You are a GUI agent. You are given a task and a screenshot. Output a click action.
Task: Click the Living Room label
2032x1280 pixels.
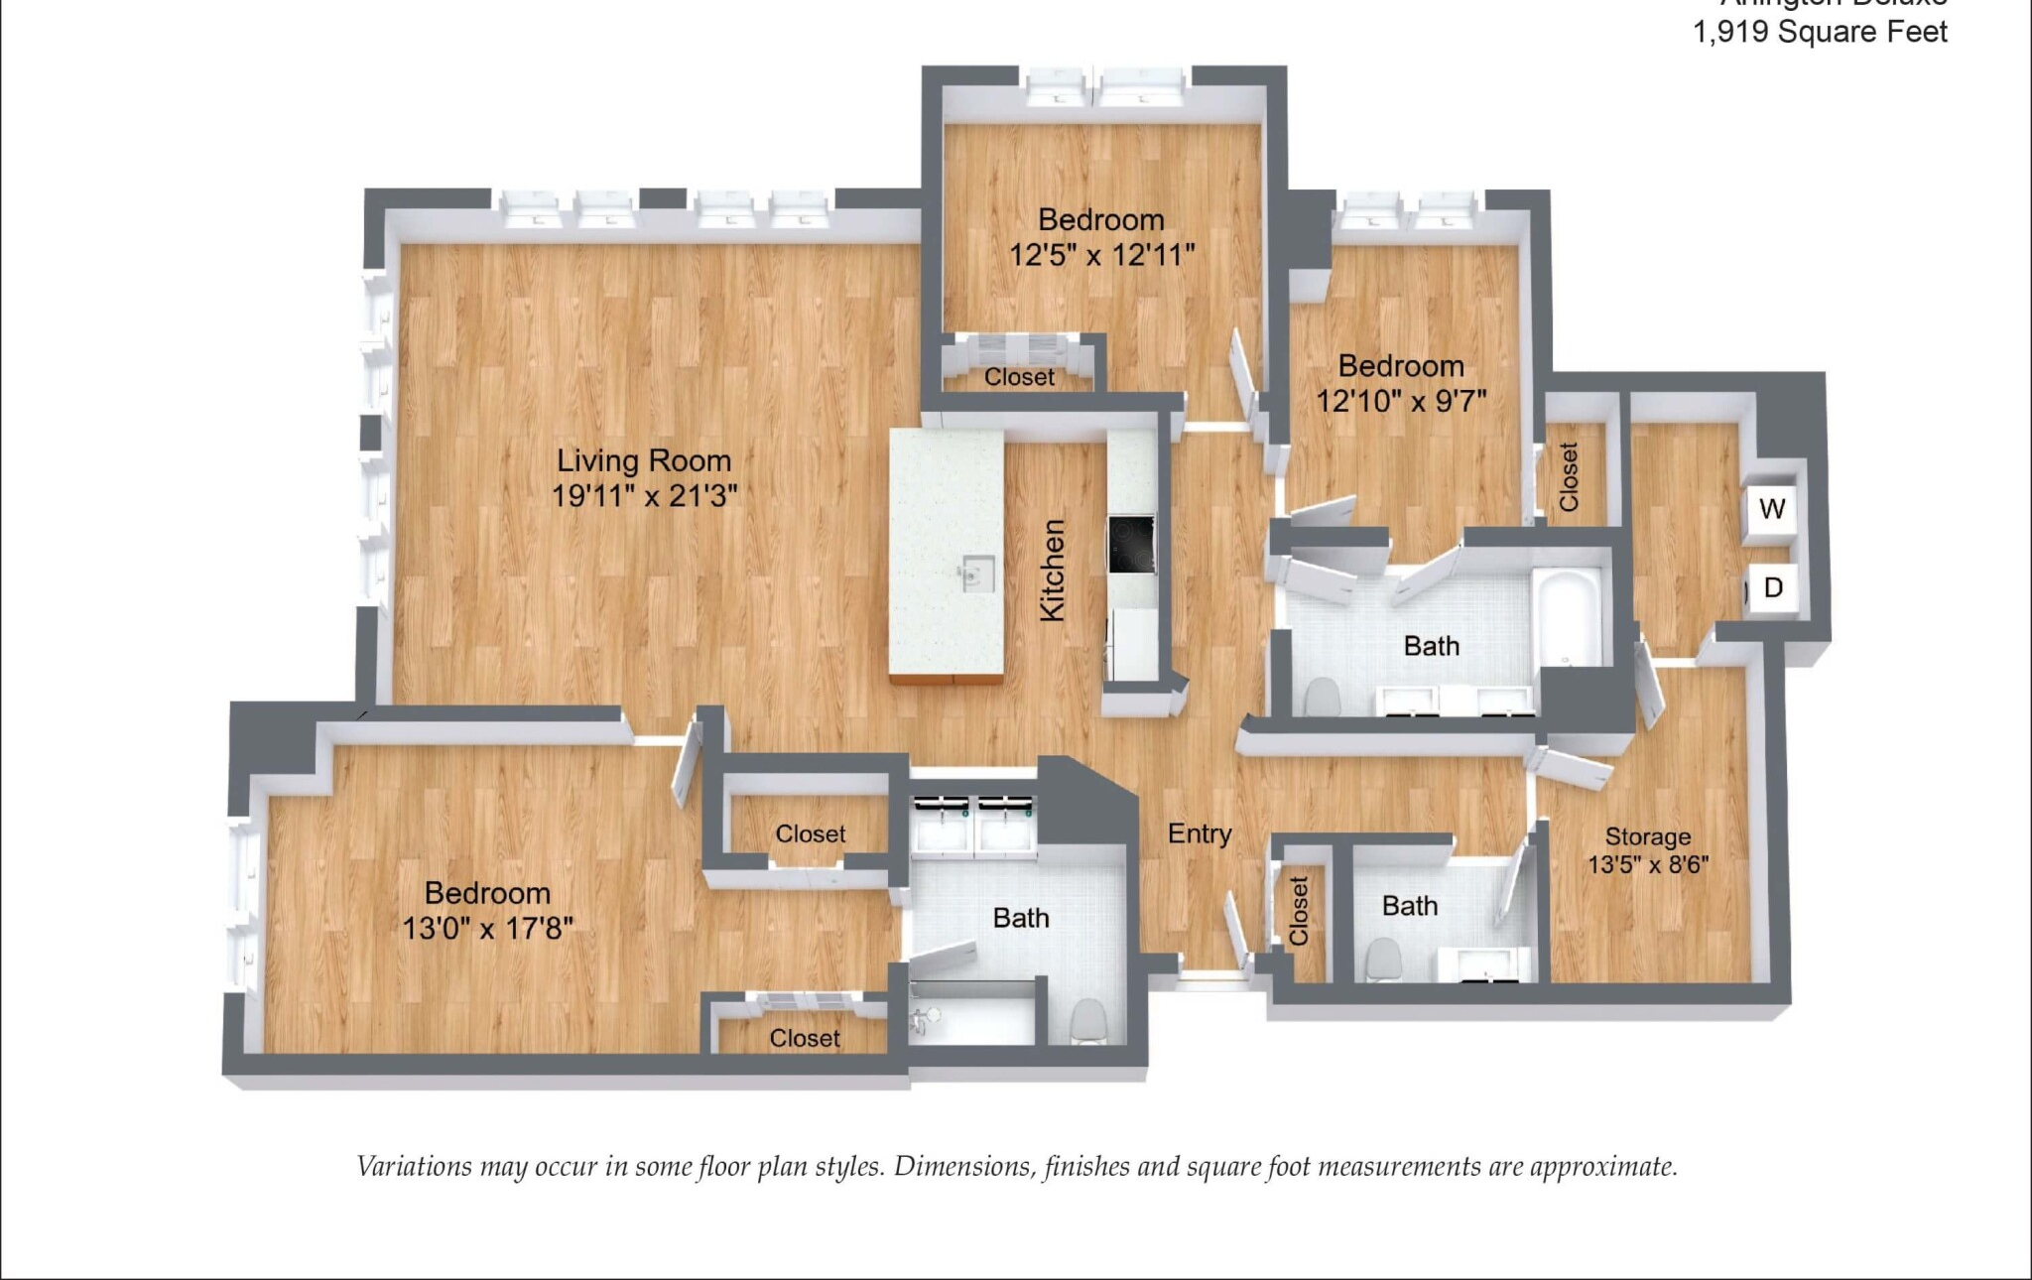644,460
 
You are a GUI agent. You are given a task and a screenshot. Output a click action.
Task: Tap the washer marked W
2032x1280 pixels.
1772,510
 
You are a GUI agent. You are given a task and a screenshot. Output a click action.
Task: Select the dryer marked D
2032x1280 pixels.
1773,588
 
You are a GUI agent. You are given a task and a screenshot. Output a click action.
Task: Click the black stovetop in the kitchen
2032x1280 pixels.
1131,544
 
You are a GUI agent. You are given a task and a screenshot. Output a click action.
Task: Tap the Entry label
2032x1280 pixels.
1200,833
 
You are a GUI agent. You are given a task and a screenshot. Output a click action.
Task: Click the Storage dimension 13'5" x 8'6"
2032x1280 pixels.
1648,865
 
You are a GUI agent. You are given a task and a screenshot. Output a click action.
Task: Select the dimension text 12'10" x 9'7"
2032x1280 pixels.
1401,402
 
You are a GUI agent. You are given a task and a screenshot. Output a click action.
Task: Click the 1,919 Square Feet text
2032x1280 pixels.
1819,32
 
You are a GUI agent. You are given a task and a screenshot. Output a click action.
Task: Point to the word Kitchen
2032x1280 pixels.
1053,571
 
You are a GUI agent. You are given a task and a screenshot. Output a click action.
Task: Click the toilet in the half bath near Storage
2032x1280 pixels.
1382,960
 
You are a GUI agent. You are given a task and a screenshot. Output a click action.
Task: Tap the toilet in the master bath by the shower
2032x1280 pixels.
1088,1021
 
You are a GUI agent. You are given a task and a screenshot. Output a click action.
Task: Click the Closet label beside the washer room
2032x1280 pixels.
1569,477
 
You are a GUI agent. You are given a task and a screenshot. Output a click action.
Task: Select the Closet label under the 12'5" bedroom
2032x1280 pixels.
1019,378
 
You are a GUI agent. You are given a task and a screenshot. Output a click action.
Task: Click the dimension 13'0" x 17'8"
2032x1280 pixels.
487,929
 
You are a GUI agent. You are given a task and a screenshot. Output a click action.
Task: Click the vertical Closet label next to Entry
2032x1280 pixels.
1299,911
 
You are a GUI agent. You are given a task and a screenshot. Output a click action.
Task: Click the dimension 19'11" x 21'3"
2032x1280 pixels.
644,496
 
